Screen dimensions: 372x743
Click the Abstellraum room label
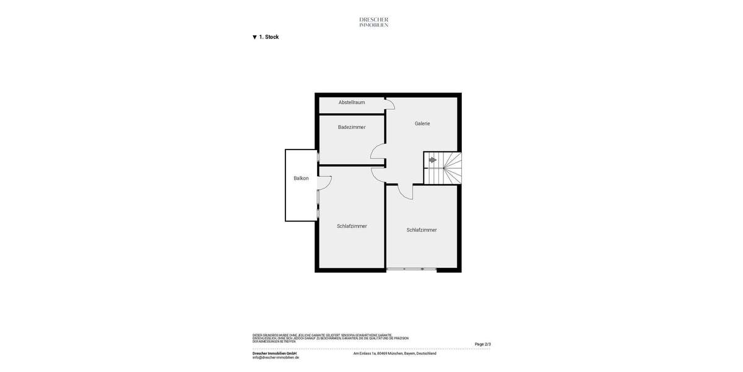(351, 102)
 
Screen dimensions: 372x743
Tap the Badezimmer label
(351, 127)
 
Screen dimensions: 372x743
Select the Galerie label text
(422, 123)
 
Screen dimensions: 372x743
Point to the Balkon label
(301, 179)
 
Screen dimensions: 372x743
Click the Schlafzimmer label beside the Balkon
(352, 226)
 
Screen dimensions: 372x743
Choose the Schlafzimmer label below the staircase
(421, 230)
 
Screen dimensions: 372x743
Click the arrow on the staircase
(433, 160)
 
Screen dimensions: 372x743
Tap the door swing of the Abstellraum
(390, 105)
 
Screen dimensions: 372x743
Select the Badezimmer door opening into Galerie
(378, 152)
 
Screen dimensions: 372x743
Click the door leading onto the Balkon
(324, 183)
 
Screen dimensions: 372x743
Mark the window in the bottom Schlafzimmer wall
(411, 269)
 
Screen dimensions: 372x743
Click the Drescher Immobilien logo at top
(373, 22)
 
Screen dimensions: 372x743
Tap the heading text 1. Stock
(269, 37)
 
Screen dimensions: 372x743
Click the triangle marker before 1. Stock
(254, 37)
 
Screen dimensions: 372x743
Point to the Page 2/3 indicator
(482, 344)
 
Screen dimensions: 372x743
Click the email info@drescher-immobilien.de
(276, 358)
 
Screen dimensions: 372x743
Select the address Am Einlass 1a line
(394, 353)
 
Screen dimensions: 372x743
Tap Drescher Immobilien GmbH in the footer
(274, 353)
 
